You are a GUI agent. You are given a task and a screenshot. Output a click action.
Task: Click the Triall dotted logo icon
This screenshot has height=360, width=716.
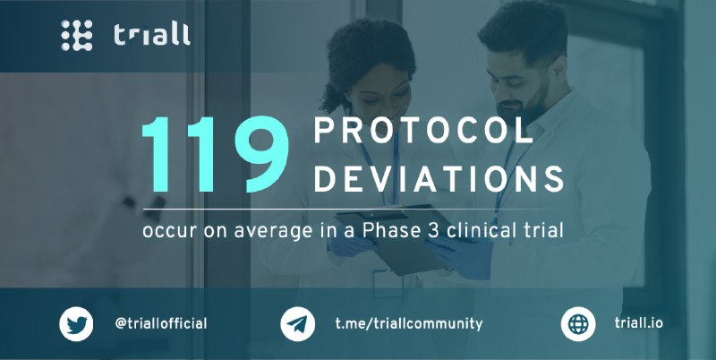77,35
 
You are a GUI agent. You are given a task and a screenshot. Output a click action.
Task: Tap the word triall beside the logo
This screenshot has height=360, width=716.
151,35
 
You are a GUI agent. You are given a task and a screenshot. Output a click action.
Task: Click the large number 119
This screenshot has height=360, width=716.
215,154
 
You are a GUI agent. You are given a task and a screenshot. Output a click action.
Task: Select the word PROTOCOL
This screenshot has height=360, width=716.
423,131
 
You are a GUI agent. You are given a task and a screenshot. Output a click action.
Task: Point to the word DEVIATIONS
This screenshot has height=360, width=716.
439,178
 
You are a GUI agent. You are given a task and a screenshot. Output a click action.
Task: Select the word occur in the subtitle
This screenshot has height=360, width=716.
169,232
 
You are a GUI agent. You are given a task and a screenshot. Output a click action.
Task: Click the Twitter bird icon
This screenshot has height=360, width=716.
76,324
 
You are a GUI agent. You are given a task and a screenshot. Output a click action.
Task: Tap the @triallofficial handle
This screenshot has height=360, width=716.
161,324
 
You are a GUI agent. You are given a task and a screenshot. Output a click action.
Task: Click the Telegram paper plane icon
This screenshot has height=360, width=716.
297,324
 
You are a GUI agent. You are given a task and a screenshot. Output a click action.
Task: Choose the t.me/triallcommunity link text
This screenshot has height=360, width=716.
409,324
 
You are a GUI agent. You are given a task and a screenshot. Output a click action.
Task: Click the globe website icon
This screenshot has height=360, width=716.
578,324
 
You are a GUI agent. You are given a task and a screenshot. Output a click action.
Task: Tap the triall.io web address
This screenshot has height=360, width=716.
638,323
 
